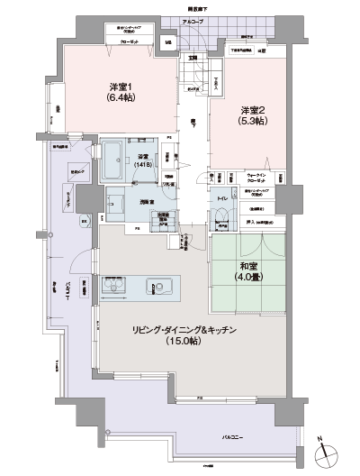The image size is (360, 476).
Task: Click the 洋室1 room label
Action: [x=119, y=87]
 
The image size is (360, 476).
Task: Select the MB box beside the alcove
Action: [x=168, y=41]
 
